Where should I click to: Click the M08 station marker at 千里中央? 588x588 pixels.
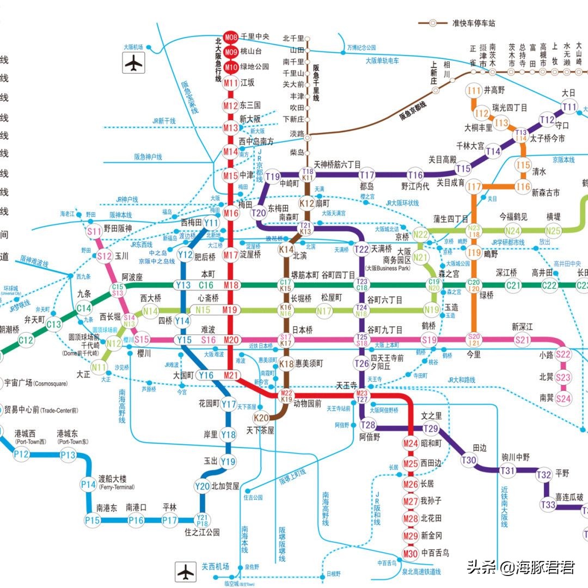click(x=231, y=38)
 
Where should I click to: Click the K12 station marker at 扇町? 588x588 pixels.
click(x=308, y=204)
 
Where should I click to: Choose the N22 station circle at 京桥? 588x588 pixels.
click(x=420, y=235)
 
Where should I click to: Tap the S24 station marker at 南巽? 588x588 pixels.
click(x=563, y=398)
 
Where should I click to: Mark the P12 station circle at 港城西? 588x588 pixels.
click(x=22, y=454)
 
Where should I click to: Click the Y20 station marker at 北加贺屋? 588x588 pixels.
click(x=202, y=486)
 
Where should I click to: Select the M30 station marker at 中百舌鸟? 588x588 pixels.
click(x=411, y=554)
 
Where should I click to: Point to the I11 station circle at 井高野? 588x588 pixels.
click(x=475, y=90)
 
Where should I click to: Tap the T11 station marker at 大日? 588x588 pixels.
click(x=569, y=107)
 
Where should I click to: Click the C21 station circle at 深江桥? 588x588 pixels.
click(x=513, y=285)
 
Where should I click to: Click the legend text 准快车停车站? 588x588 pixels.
click(x=474, y=23)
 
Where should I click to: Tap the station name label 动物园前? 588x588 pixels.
click(x=308, y=404)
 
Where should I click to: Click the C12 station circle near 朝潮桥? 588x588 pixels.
click(x=26, y=341)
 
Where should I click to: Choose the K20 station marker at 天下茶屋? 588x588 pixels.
click(x=261, y=418)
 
